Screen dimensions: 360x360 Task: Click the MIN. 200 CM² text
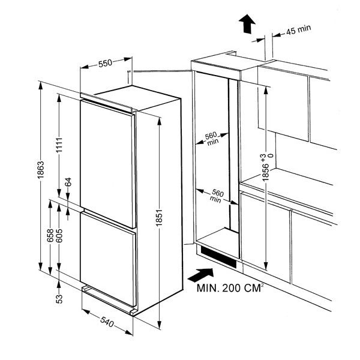coord(231,287)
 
